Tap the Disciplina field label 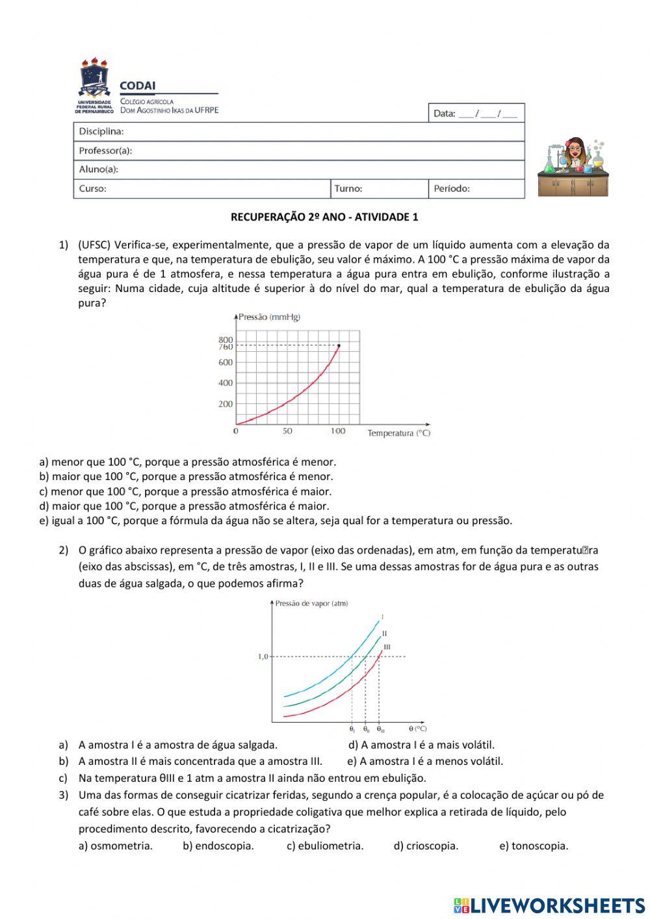[x=101, y=131]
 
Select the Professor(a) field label [x=105, y=150]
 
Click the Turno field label [x=348, y=189]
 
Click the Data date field [x=475, y=113]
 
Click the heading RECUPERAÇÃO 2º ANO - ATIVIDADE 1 [x=324, y=217]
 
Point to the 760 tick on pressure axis [x=226, y=347]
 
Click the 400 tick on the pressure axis [x=226, y=383]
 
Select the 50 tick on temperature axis [x=287, y=431]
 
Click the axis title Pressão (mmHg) [x=269, y=317]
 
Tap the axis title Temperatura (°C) [x=398, y=433]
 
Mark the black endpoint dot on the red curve [x=339, y=345]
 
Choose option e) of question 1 [x=276, y=520]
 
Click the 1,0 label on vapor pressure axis [x=263, y=657]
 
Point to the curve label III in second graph [x=387, y=646]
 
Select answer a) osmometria [x=116, y=846]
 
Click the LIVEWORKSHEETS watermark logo [x=549, y=905]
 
